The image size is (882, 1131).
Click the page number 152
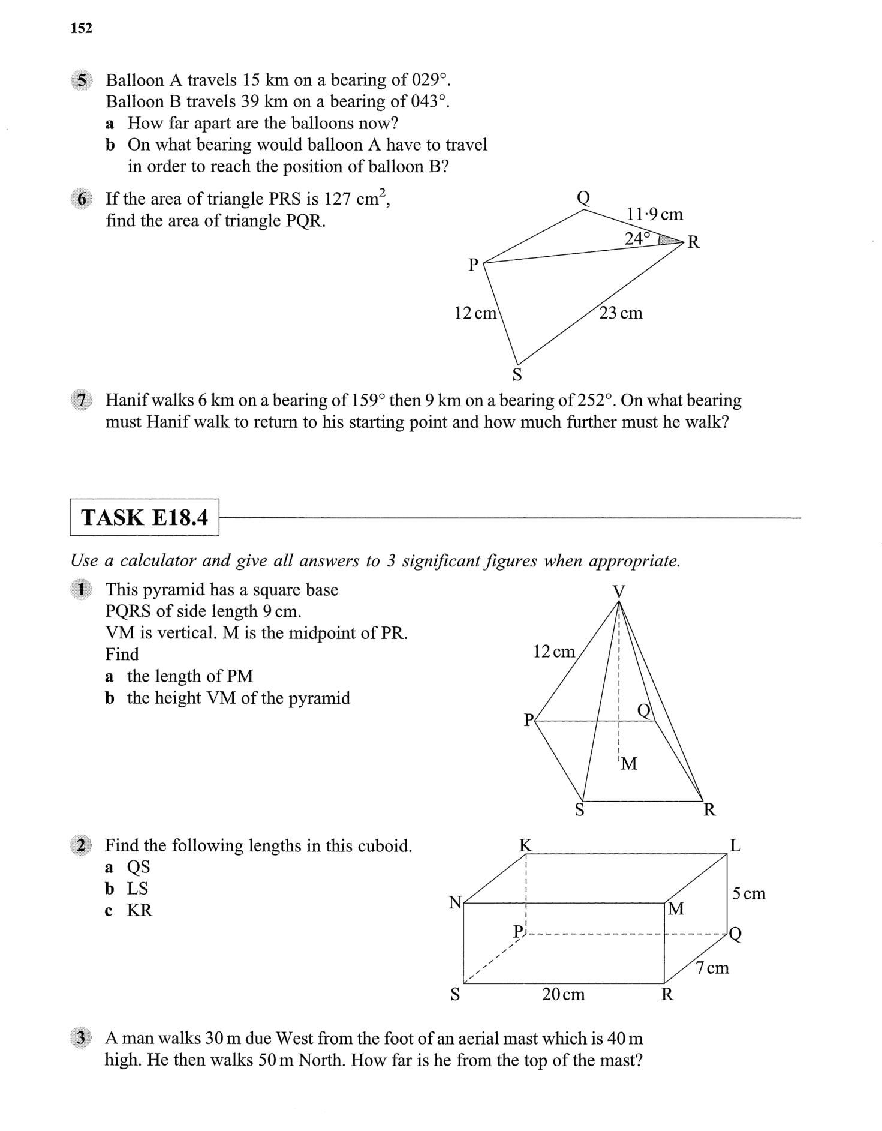81,28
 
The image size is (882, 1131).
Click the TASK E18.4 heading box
145,517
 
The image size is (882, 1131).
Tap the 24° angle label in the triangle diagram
637,238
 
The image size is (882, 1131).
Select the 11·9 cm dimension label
654,214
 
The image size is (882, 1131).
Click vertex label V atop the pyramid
618,592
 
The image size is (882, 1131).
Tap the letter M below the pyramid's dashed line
628,764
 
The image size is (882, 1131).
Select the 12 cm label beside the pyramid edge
553,651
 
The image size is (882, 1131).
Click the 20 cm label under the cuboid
563,994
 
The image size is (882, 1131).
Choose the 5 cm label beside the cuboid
748,893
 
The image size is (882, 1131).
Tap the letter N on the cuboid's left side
456,902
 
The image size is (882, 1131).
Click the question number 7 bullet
82,400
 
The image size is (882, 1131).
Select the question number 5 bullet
82,80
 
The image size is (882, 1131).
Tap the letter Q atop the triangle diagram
583,197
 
